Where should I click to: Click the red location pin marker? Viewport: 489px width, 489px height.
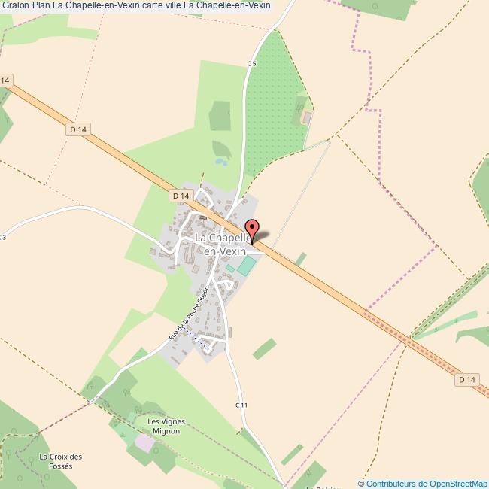251,229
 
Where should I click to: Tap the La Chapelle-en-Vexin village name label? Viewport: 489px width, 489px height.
223,244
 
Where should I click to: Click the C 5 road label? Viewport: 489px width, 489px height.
251,64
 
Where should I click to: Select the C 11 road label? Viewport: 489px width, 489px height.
241,405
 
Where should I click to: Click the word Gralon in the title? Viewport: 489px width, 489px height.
15,6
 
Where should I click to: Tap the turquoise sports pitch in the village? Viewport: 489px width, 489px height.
246,266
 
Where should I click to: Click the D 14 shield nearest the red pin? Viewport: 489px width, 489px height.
179,196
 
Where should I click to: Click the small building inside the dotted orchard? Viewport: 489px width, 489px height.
306,118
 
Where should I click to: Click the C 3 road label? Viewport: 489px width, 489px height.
3,238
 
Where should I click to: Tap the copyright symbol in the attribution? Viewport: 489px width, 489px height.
362,483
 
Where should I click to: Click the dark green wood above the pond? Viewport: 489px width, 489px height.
220,115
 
